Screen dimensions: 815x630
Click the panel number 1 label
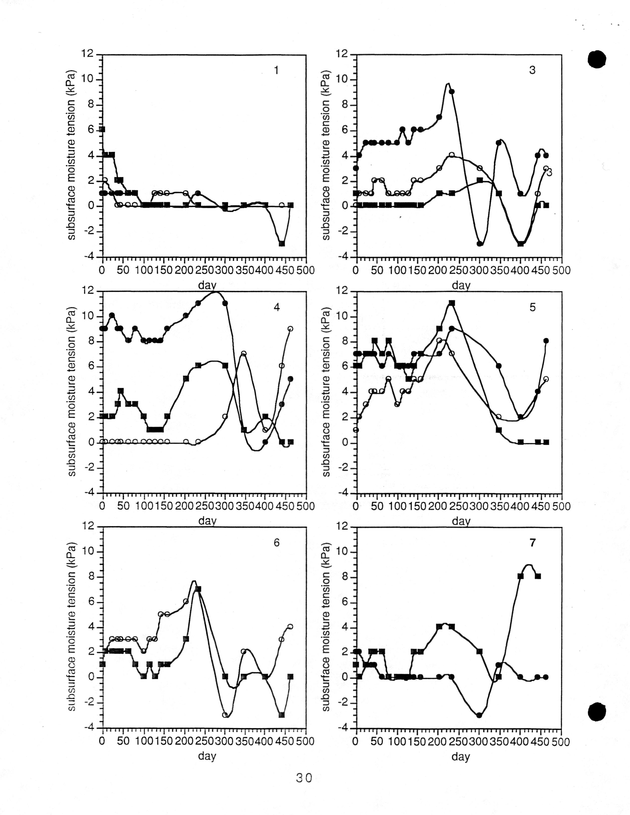pyautogui.click(x=276, y=70)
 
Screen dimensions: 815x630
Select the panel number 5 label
pyautogui.click(x=532, y=307)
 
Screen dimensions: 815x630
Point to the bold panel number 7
pyautogui.click(x=532, y=543)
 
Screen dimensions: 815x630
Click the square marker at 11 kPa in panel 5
pyautogui.click(x=452, y=303)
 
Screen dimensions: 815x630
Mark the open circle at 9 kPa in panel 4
pyautogui.click(x=290, y=329)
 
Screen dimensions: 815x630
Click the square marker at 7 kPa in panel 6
pyautogui.click(x=198, y=589)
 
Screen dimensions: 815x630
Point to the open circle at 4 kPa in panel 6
pyautogui.click(x=290, y=627)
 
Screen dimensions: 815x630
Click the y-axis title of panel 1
pyautogui.click(x=72, y=155)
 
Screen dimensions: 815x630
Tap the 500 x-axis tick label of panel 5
pyautogui.click(x=561, y=506)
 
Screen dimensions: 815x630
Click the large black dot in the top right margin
pyautogui.click(x=597, y=59)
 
